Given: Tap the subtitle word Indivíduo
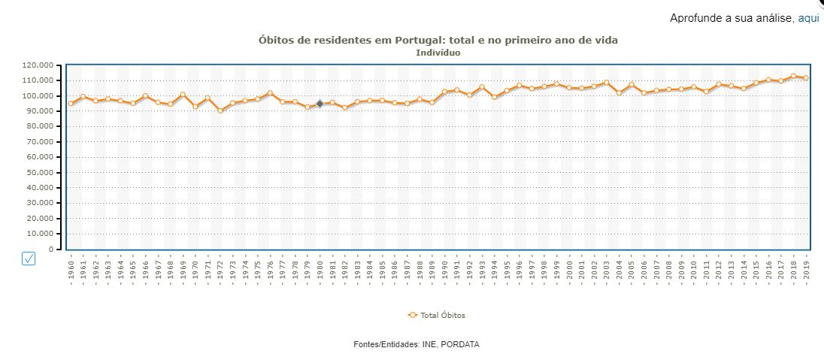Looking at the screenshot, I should pyautogui.click(x=438, y=53).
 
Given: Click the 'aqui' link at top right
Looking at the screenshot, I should pyautogui.click(x=808, y=18).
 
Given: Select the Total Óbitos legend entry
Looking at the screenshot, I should pyautogui.click(x=437, y=316).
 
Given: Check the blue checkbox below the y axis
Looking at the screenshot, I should pyautogui.click(x=29, y=259).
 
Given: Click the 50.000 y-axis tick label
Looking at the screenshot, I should pyautogui.click(x=38, y=172).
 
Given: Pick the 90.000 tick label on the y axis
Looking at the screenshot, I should pyautogui.click(x=38, y=111).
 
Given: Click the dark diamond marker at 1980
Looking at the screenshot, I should pyautogui.click(x=320, y=104).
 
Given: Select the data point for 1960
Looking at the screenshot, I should pyautogui.click(x=71, y=104).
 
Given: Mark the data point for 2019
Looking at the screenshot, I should pyautogui.click(x=805, y=78).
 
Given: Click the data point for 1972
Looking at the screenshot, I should pyautogui.click(x=220, y=110).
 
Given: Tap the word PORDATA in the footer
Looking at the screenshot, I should pyautogui.click(x=459, y=344).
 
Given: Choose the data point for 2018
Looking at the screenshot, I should pyautogui.click(x=793, y=76).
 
